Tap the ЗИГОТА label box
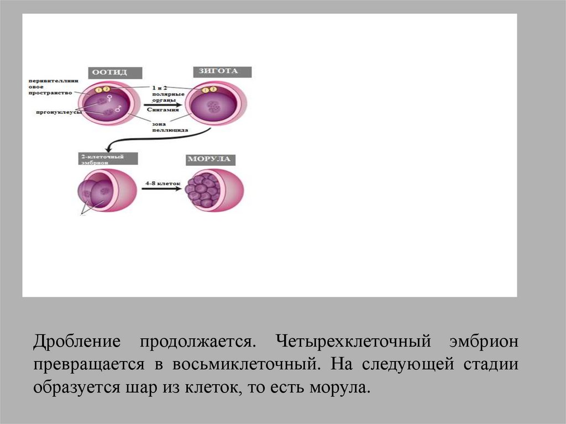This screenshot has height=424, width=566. [x=223, y=72]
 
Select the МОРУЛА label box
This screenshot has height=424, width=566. [x=209, y=160]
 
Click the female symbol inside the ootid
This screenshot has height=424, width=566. [x=110, y=98]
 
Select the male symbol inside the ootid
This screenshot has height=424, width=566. [x=118, y=109]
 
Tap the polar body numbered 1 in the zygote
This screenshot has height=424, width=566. [x=206, y=90]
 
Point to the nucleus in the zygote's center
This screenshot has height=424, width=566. [x=212, y=106]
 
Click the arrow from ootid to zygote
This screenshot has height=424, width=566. [x=160, y=103]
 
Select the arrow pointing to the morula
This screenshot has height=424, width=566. [x=161, y=189]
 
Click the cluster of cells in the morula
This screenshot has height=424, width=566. [x=202, y=190]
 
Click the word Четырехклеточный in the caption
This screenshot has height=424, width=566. [x=354, y=341]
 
